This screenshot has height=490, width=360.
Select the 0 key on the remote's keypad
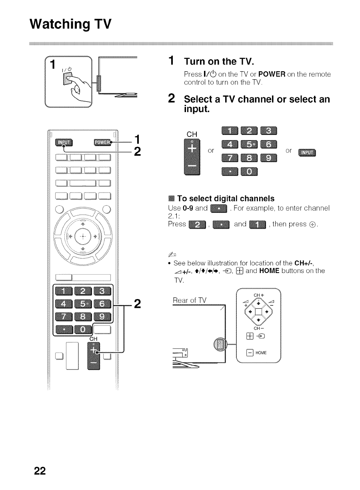click(84, 329)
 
